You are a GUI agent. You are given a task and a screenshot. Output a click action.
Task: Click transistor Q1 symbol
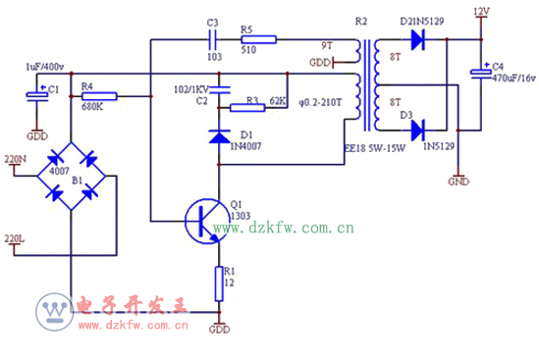click(204, 221)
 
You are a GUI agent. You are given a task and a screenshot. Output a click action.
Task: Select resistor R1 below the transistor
click(217, 283)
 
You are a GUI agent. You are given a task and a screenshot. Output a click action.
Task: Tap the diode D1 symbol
click(217, 135)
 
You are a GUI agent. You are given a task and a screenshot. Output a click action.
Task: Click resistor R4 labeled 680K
click(98, 96)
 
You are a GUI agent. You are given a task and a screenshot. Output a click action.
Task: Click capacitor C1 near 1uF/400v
click(36, 96)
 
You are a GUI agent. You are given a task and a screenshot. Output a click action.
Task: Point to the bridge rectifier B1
click(72, 175)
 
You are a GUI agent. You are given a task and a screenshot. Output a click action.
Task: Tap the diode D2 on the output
click(417, 40)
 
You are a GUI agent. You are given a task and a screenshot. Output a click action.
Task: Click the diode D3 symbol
click(417, 128)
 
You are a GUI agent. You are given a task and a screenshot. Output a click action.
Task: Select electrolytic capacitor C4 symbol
click(481, 74)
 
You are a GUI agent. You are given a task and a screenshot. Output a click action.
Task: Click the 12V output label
click(480, 12)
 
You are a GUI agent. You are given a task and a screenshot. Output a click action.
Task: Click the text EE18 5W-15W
click(376, 150)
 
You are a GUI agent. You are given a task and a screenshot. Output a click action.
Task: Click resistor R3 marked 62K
click(251, 103)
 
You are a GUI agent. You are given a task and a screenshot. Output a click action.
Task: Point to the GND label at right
click(458, 181)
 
